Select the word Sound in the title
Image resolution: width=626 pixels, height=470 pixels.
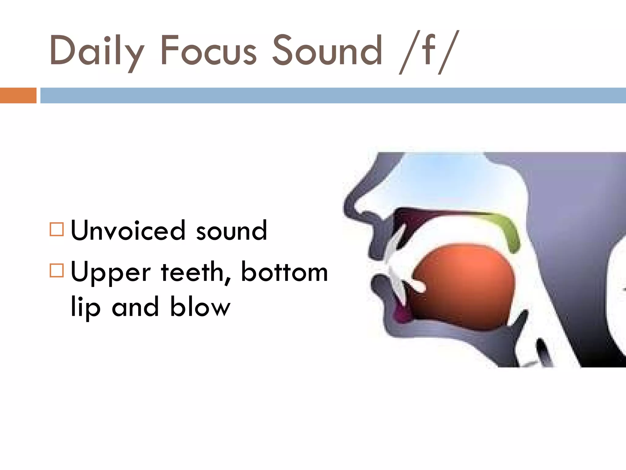pos(327,50)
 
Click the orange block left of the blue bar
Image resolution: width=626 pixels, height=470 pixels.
pos(18,95)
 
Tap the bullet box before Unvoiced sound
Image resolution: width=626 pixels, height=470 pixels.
pos(57,229)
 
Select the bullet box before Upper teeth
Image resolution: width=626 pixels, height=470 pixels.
pos(57,270)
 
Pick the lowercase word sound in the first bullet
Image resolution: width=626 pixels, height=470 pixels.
pos(231,231)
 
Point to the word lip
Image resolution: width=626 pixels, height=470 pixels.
pos(85,307)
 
